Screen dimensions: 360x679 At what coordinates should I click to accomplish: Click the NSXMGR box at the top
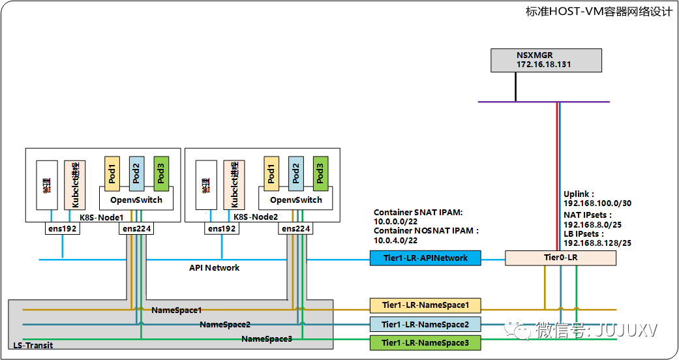pos(545,60)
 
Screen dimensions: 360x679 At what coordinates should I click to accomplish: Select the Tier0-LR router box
pos(560,258)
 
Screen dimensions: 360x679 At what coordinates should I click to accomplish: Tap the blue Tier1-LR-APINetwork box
pos(425,258)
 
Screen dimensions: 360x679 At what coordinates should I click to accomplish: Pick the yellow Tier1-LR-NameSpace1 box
pos(425,305)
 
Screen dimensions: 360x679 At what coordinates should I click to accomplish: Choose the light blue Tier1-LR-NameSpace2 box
pos(425,324)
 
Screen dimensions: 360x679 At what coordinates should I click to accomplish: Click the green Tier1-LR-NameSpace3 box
pos(425,343)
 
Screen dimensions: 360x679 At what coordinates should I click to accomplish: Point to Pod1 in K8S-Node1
pos(112,173)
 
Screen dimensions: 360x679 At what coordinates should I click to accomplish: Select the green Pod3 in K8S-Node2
pos(320,173)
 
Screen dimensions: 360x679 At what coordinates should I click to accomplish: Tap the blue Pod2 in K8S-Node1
pos(136,173)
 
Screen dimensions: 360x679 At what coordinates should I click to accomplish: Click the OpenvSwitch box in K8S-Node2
pos(296,200)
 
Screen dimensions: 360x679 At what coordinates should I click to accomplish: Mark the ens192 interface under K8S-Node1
pos(63,229)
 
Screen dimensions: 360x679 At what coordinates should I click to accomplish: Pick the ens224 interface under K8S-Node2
pos(296,229)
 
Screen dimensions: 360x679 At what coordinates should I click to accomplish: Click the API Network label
pos(214,267)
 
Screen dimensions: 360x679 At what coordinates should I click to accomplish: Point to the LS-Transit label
pos(33,345)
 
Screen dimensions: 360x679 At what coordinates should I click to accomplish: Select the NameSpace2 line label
pos(225,324)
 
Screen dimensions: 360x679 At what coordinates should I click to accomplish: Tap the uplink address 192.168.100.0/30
pos(597,203)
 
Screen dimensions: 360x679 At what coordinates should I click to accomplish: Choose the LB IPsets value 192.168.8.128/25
pos(597,243)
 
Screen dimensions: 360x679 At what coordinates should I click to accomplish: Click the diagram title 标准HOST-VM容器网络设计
pos(598,12)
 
